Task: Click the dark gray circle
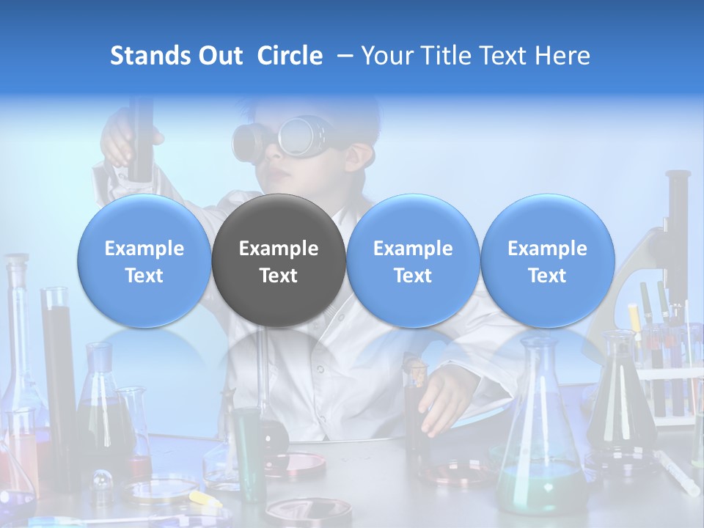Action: [x=279, y=260]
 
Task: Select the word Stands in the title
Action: [x=151, y=56]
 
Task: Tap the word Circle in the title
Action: [x=290, y=56]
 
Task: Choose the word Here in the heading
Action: [x=562, y=56]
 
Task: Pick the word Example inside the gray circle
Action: [x=279, y=249]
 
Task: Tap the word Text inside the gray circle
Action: [x=279, y=276]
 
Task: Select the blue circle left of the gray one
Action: [x=144, y=260]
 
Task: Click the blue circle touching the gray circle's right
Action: [x=413, y=260]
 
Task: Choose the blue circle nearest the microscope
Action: [x=548, y=260]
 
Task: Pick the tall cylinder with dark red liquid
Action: [x=59, y=367]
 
